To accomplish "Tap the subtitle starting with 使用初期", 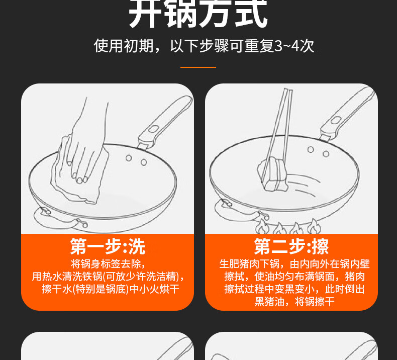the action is (204, 46).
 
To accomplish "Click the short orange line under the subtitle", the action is (198, 67).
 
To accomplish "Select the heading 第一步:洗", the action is (108, 246).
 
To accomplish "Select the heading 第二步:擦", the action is (291, 246).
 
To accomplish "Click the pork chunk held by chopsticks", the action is (273, 174).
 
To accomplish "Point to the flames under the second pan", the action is (288, 227).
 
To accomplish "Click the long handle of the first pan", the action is (164, 122).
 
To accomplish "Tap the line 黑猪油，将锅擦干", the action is (294, 302).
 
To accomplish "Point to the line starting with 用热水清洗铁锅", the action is (108, 276).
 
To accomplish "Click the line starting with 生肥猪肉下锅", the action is (294, 264).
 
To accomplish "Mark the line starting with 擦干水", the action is (111, 289).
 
